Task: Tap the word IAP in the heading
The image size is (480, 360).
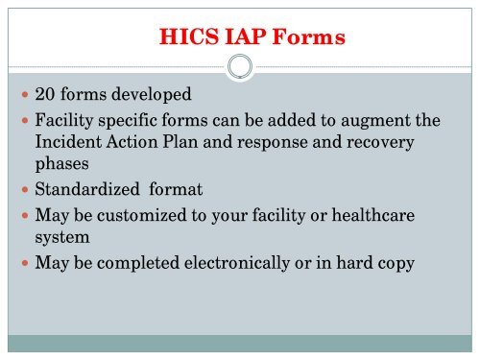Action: point(236,38)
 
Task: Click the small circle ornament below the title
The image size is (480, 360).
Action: point(240,68)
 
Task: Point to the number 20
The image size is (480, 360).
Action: point(44,97)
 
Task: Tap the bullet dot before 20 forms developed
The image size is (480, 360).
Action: point(23,98)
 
